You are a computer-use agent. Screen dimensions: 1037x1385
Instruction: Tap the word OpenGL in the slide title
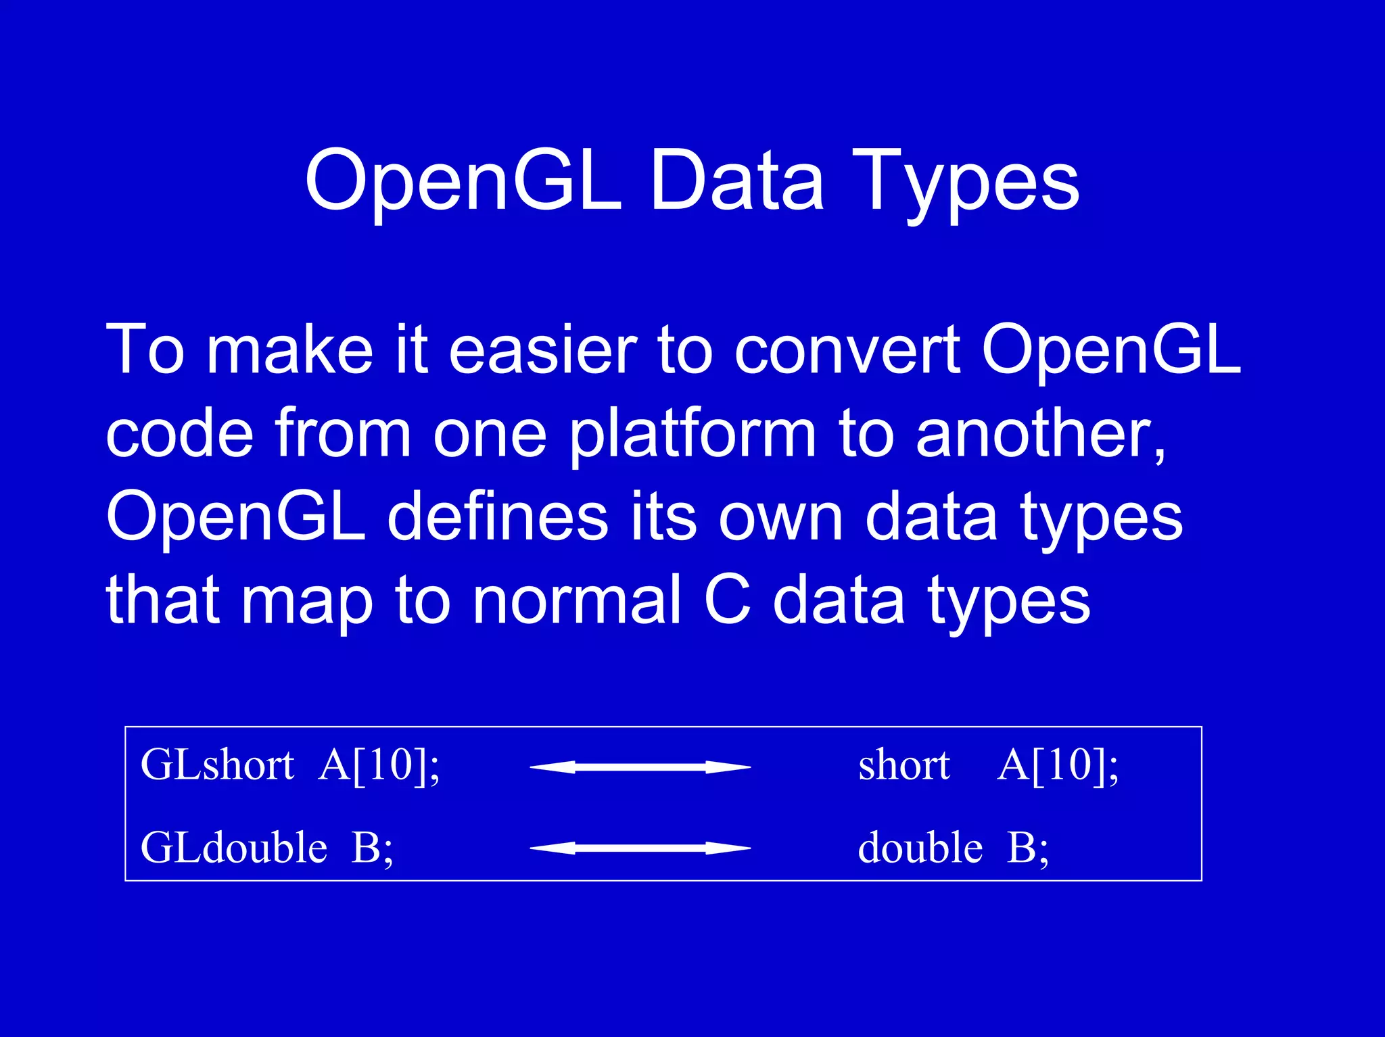tap(463, 181)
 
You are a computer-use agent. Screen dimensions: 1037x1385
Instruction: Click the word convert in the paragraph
tap(847, 350)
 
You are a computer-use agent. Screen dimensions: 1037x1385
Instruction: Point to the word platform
tap(692, 434)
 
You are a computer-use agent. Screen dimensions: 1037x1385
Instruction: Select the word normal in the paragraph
tap(576, 600)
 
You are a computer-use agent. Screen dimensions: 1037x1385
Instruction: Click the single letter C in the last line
tap(727, 600)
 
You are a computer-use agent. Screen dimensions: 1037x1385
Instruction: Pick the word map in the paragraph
tap(307, 600)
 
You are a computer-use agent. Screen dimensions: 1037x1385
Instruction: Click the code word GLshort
tap(217, 765)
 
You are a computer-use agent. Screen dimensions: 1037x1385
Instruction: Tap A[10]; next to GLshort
tap(379, 765)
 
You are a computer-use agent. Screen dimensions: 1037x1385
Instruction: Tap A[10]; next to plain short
tap(1058, 765)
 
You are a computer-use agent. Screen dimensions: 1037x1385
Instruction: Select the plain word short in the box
tap(904, 765)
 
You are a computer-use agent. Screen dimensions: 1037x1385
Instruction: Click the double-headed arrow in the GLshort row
tap(640, 767)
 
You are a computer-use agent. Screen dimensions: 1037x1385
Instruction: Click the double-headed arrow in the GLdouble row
tap(640, 848)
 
